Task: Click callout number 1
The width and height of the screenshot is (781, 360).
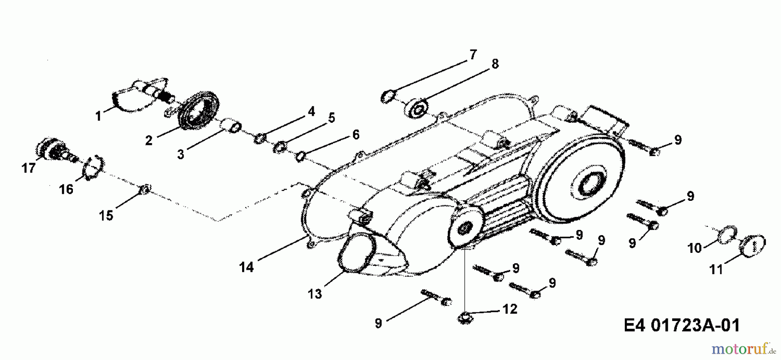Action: (x=98, y=116)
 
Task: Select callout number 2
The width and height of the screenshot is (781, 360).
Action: (x=149, y=141)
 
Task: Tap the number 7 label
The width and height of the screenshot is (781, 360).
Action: (x=473, y=55)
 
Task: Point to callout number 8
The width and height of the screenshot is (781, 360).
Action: (x=495, y=64)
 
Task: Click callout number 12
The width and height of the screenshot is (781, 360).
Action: (x=510, y=309)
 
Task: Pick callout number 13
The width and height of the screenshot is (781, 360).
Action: (x=315, y=294)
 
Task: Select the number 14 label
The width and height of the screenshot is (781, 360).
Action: (x=246, y=267)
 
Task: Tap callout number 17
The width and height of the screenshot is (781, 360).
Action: (x=29, y=168)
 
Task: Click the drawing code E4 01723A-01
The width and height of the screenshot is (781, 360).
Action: (x=682, y=325)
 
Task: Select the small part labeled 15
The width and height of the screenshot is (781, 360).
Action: (x=145, y=189)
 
